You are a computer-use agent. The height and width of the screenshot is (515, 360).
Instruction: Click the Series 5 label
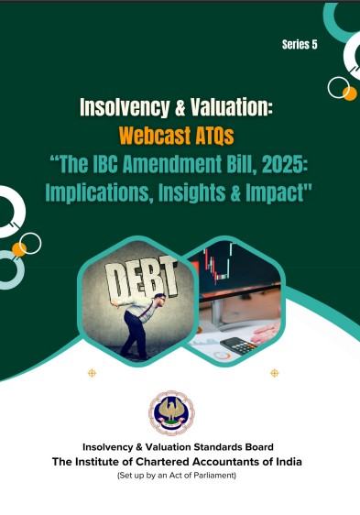click(300, 44)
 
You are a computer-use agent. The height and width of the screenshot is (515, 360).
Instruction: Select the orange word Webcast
click(155, 136)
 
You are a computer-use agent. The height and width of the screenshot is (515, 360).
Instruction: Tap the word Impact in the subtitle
click(275, 193)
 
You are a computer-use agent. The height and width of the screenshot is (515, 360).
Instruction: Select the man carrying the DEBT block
click(142, 324)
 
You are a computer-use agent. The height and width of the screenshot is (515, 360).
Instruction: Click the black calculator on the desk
click(239, 345)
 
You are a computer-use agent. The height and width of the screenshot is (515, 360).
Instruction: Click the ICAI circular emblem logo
click(171, 413)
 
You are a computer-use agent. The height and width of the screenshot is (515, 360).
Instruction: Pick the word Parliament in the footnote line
click(214, 475)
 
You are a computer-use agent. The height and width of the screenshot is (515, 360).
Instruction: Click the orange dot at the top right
click(350, 93)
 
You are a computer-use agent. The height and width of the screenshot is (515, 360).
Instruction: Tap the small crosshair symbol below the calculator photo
click(274, 373)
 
